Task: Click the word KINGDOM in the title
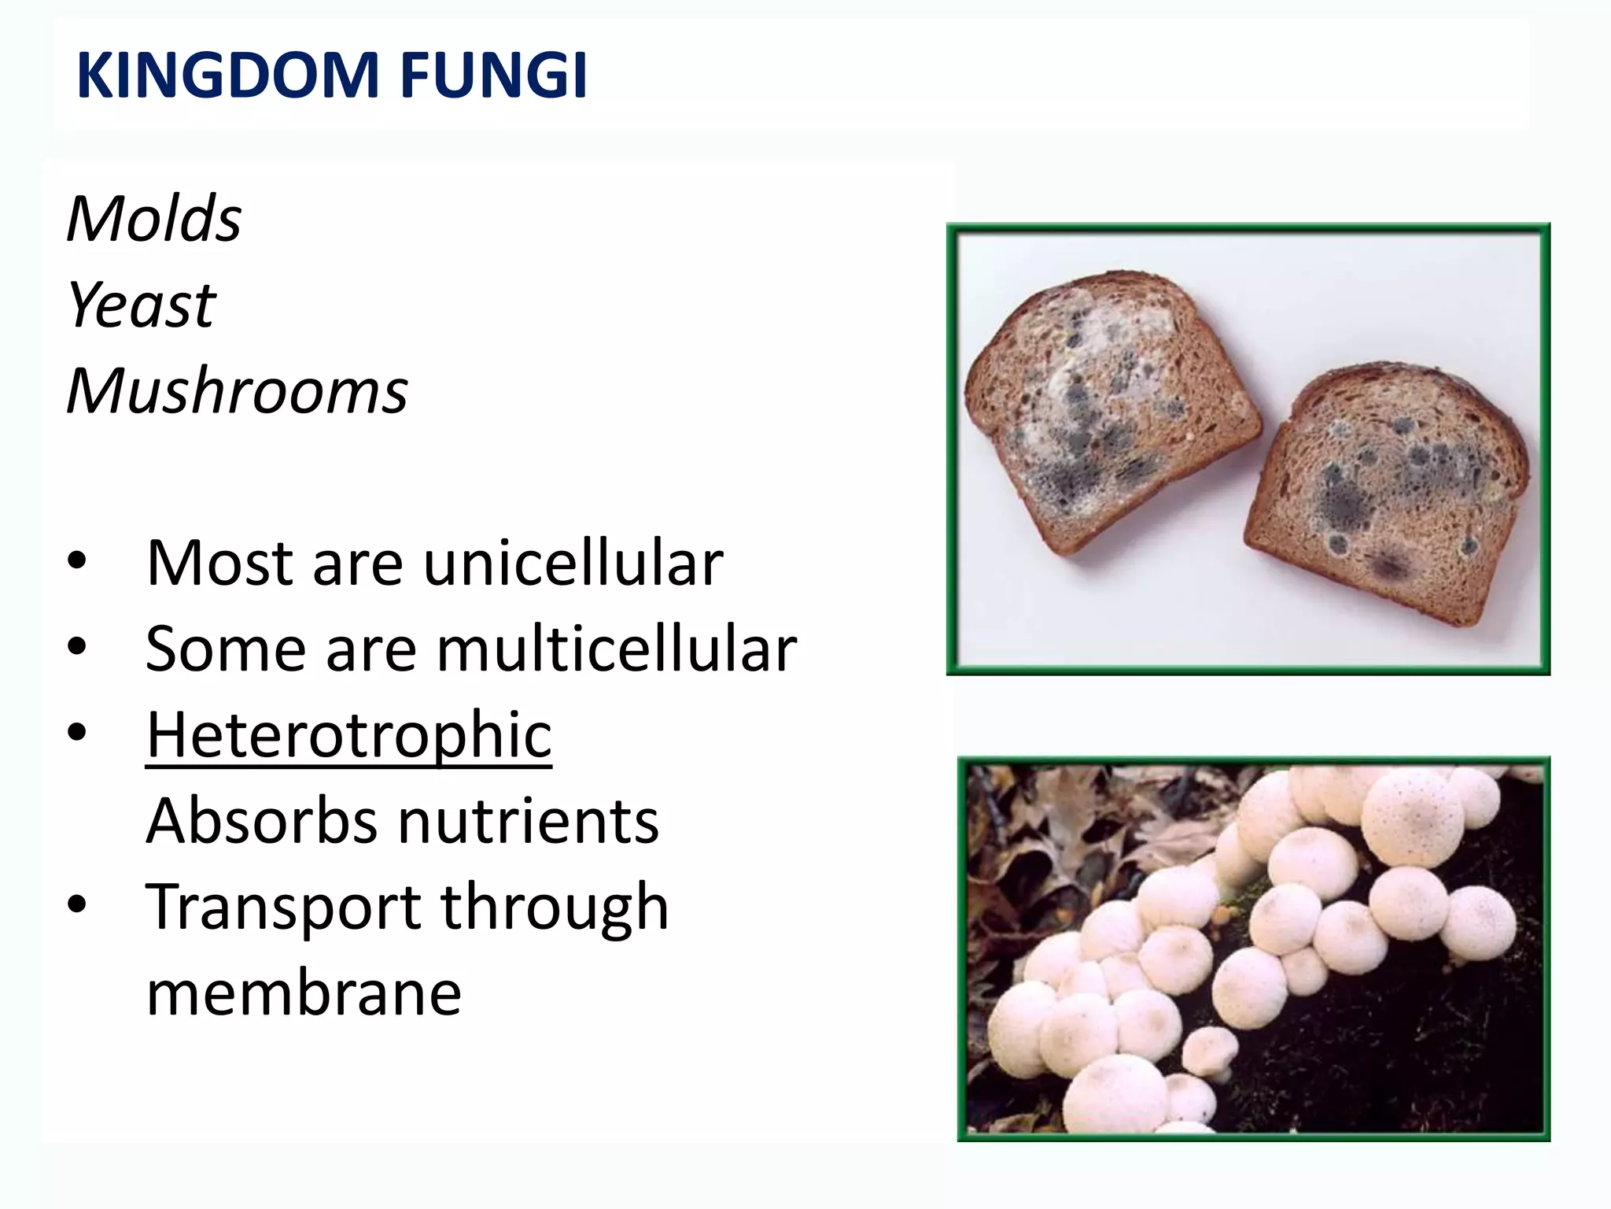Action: [x=228, y=76]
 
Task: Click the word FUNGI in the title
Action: [x=493, y=76]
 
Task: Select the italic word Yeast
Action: [x=142, y=305]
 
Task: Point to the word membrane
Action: [x=304, y=993]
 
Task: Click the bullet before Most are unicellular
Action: [x=76, y=562]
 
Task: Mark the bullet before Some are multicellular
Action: [x=76, y=648]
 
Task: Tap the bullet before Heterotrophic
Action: [x=76, y=734]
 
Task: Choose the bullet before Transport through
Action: [x=76, y=905]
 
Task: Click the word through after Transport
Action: [x=555, y=907]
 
